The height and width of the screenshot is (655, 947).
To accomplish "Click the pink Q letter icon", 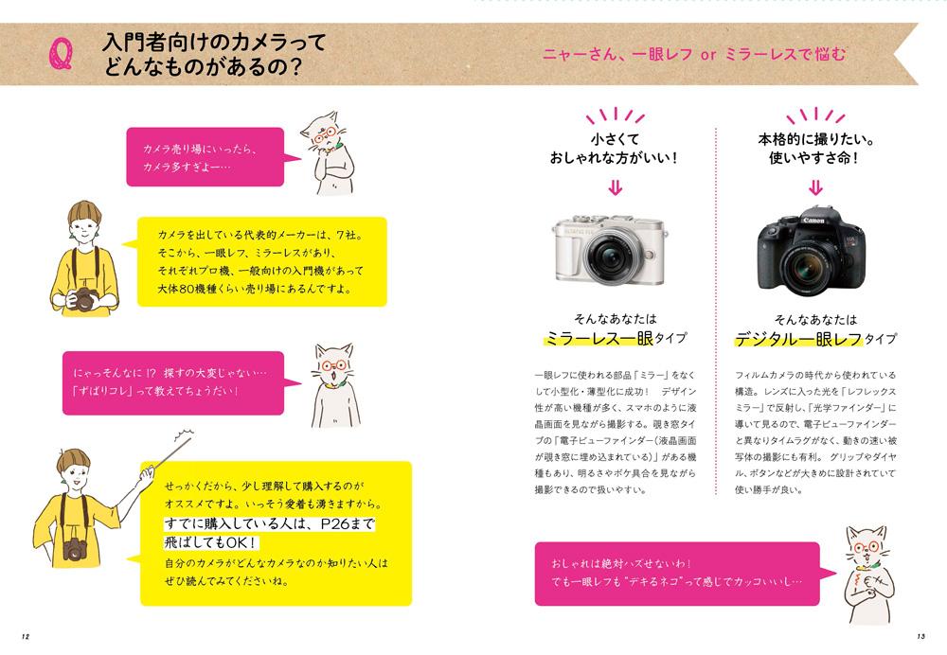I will click(x=62, y=56).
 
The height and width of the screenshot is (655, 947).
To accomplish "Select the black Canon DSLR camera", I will click(x=809, y=245).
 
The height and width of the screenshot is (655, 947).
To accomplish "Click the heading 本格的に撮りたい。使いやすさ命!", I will click(x=813, y=148).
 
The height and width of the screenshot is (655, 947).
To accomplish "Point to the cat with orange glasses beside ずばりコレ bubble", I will click(x=335, y=385).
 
